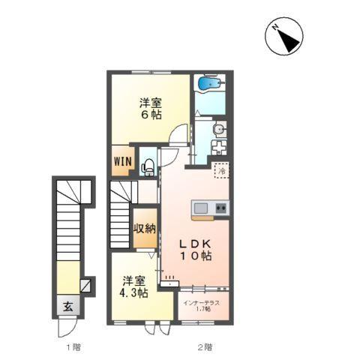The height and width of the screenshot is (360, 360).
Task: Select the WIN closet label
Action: coord(123,160)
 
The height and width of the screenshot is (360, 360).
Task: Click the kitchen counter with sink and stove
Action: coord(210,208)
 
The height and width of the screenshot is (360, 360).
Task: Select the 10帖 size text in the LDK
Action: coord(197,256)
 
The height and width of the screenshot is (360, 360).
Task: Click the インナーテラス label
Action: coord(201,303)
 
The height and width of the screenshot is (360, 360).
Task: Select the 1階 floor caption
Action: coord(72,347)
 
